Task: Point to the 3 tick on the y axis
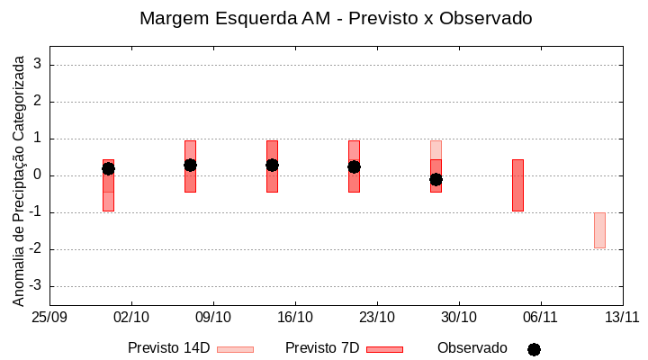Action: tap(38, 65)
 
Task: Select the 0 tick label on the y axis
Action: tap(38, 175)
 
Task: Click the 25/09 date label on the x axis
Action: tap(49, 317)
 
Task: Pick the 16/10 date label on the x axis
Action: tap(295, 317)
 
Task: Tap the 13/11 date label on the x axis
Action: tap(622, 317)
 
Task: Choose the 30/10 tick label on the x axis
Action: tap(459, 317)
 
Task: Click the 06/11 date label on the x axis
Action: tap(540, 317)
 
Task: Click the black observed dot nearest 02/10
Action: tap(108, 168)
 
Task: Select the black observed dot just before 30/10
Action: tap(436, 179)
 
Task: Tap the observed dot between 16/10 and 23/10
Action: tap(354, 166)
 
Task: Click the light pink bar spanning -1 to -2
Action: tap(599, 230)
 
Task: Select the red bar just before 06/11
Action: tap(517, 185)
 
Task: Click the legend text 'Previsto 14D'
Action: tap(168, 348)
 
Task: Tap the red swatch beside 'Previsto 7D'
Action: tap(384, 349)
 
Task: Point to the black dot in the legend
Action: tap(534, 349)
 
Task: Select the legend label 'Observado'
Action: tap(472, 348)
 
